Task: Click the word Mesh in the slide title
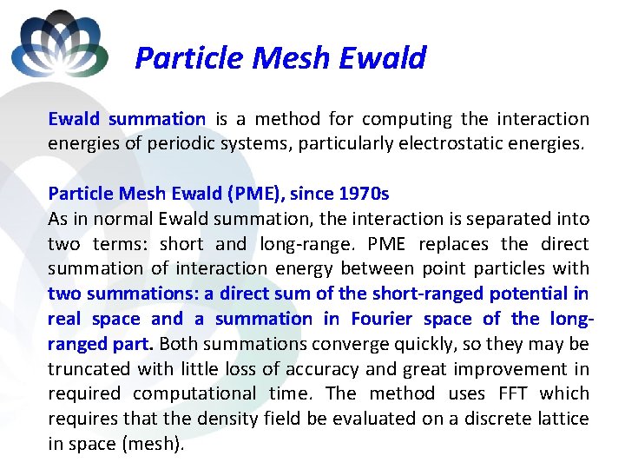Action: (x=291, y=58)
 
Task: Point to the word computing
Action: (x=407, y=119)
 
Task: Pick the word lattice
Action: (x=561, y=418)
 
